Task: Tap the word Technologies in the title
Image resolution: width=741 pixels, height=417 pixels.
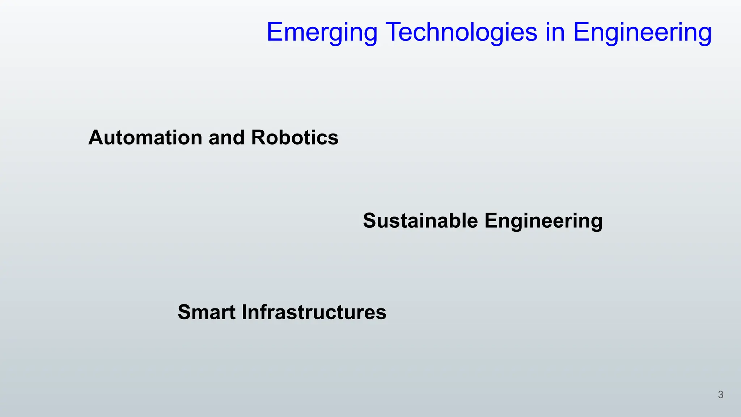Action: pos(461,33)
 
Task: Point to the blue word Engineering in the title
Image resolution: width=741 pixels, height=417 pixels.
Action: pos(642,33)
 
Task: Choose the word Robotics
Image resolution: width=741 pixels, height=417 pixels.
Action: pos(295,138)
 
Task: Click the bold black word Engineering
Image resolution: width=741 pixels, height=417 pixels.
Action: pos(543,221)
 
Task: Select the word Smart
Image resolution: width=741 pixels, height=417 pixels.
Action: pos(207,312)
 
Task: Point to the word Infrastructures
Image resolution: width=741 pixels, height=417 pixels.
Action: pos(314,312)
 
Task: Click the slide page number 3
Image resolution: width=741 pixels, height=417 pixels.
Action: pos(720,395)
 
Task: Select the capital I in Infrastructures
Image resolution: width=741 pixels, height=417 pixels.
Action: pos(244,312)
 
